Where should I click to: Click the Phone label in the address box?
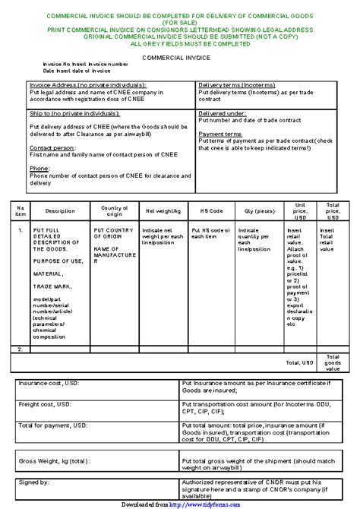39,167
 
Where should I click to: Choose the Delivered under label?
222,112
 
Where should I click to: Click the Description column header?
60,210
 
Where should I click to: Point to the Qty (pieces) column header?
259,210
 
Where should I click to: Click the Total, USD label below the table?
298,362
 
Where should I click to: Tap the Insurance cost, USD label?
49,384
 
